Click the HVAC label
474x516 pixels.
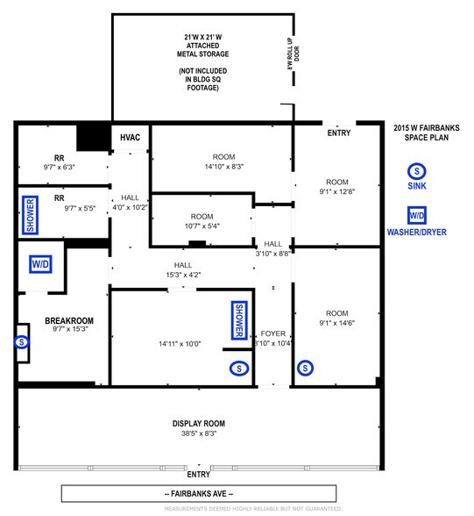131,139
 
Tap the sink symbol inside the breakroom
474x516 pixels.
21,342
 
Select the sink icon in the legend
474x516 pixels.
417,170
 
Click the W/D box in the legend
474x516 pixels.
417,215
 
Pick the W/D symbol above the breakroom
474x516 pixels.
40,264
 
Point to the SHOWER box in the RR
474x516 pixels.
30,215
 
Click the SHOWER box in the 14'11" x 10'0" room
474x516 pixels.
237,321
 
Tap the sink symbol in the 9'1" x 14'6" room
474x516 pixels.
306,369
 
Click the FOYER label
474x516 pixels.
272,333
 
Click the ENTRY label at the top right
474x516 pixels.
338,133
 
